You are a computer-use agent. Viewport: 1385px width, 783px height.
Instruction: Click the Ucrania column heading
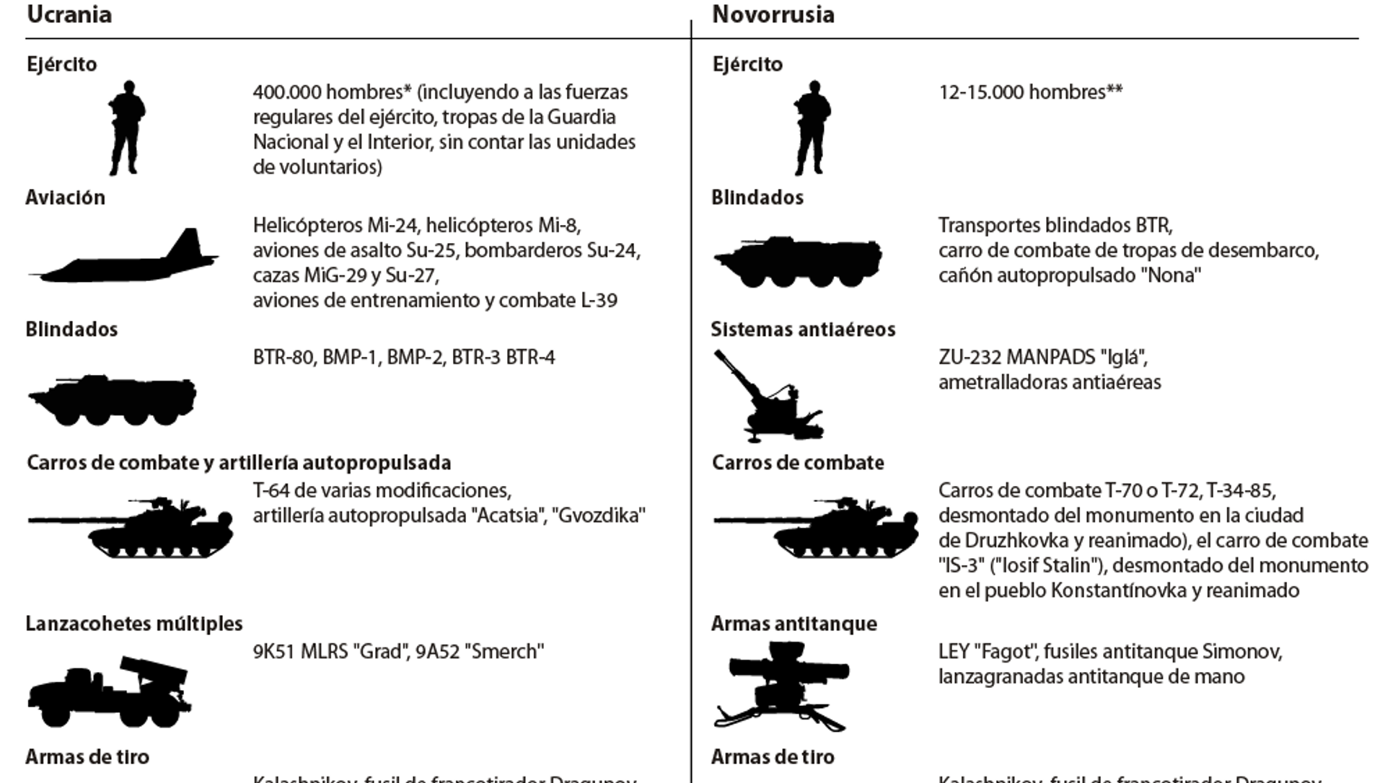[69, 14]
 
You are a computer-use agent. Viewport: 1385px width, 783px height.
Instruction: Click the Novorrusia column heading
[773, 14]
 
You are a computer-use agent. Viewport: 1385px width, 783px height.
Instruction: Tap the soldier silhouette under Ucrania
[127, 128]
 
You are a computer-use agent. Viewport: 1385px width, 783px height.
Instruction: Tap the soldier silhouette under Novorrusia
[812, 128]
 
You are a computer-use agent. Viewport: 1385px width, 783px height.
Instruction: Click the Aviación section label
[66, 198]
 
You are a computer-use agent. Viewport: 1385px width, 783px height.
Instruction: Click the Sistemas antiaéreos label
[803, 329]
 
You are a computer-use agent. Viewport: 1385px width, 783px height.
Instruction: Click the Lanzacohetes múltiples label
[134, 624]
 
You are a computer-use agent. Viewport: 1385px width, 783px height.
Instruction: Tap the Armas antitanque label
[794, 624]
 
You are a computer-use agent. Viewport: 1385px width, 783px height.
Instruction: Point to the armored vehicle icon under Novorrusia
[798, 260]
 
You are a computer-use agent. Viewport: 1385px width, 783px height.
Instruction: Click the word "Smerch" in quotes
[504, 652]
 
